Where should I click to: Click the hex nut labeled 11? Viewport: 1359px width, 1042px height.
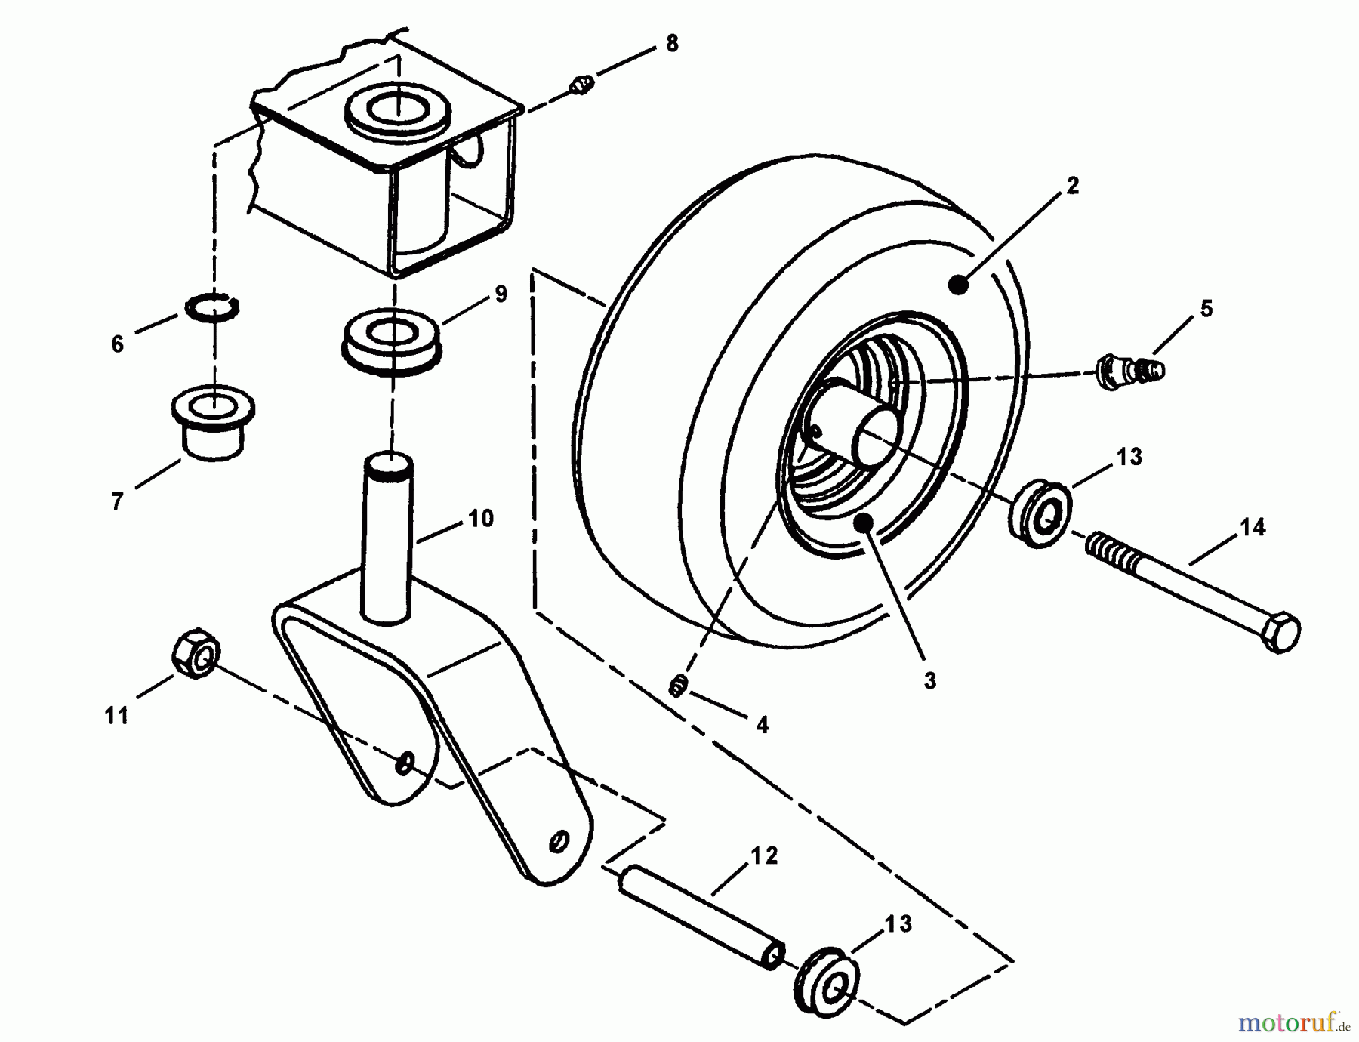pyautogui.click(x=196, y=653)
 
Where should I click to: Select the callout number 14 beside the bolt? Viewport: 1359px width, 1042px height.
pyautogui.click(x=1253, y=527)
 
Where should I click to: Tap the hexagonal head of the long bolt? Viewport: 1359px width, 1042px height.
pyautogui.click(x=1279, y=633)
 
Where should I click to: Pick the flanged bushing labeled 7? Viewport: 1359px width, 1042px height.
pyautogui.click(x=213, y=424)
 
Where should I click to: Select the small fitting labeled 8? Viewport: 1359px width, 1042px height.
pyautogui.click(x=581, y=87)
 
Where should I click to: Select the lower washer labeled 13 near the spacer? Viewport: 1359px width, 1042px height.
pyautogui.click(x=827, y=981)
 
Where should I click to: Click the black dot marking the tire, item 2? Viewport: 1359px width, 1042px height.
pyautogui.click(x=958, y=285)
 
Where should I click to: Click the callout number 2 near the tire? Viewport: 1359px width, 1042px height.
pyautogui.click(x=1072, y=186)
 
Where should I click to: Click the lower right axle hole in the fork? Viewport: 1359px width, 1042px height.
pyautogui.click(x=559, y=841)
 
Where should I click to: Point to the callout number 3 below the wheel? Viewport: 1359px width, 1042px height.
pyautogui.click(x=930, y=680)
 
